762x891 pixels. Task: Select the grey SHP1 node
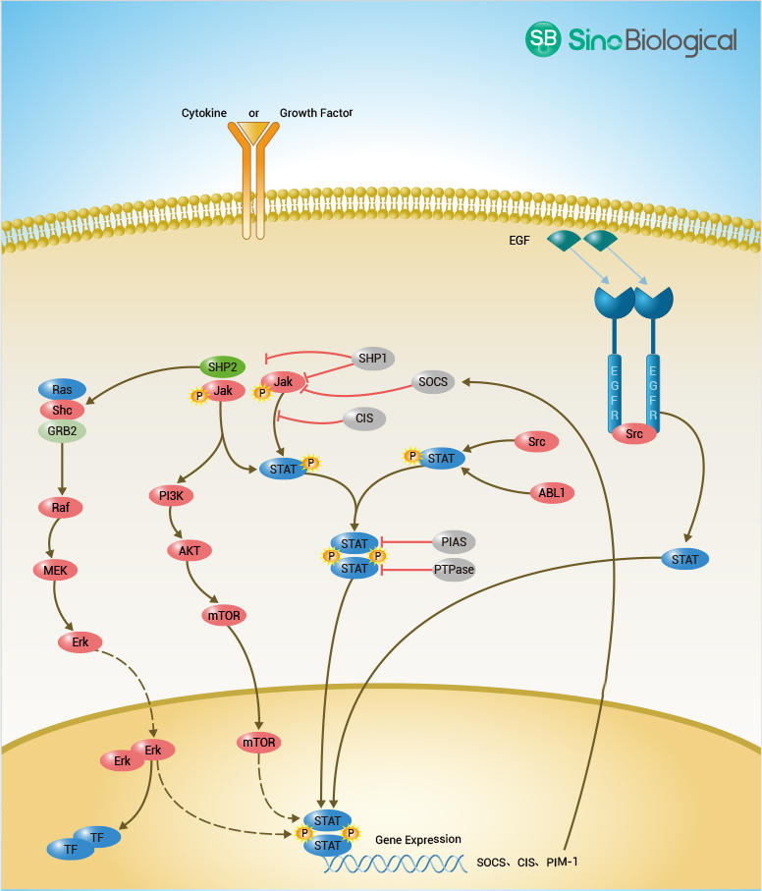[x=373, y=360]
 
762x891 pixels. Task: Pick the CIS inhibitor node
[x=364, y=418]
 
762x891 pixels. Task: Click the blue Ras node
[x=63, y=390]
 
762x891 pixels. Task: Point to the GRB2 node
[x=63, y=430]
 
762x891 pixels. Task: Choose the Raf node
[x=61, y=508]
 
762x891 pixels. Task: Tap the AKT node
[x=190, y=551]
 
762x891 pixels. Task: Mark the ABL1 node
[x=552, y=493]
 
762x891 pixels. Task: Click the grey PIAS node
[x=453, y=541]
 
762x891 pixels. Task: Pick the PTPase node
[x=453, y=570]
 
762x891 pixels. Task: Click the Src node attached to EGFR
[x=633, y=432]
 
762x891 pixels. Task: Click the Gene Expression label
[x=417, y=840]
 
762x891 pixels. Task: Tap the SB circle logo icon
[x=542, y=39]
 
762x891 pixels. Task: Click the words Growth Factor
[x=316, y=113]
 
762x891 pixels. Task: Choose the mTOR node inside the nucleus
[x=259, y=743]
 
